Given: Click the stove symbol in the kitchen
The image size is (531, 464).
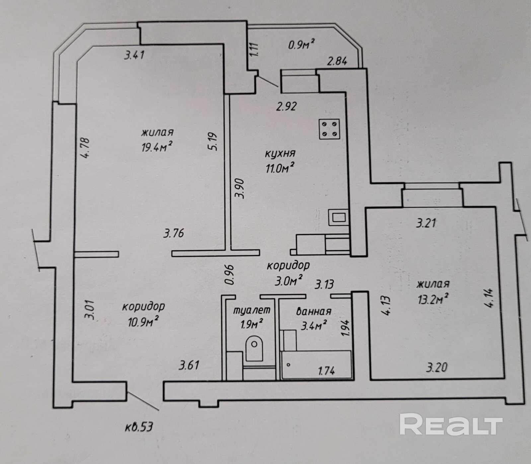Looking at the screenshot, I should tap(330, 129).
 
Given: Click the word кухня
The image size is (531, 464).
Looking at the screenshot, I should tap(280, 154).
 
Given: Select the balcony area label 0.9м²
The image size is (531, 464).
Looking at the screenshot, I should tap(301, 44).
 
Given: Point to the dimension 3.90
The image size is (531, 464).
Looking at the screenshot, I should tap(239, 189).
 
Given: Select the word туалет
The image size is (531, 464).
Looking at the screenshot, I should tap(252, 310).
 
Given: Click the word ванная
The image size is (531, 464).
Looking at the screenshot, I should tap(313, 311).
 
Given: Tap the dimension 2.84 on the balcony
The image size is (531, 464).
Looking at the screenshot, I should tap(337, 61).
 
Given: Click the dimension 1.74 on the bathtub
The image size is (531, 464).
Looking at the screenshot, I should tap(326, 370).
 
